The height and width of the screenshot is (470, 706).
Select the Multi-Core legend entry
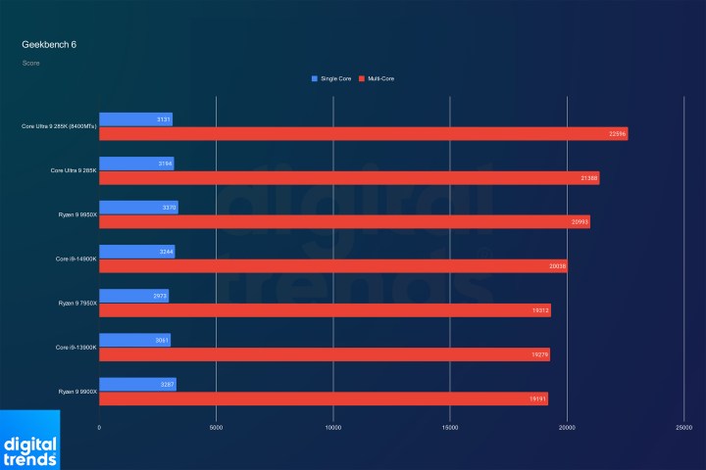tap(377, 78)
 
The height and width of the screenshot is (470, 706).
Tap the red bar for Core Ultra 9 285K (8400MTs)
tap(363, 134)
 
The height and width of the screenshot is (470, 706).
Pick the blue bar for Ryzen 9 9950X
tap(138, 208)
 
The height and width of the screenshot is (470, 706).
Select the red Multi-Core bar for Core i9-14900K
tap(332, 266)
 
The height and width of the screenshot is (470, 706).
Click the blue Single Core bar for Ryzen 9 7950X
tap(133, 296)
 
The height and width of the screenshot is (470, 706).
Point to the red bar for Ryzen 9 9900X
tap(323, 399)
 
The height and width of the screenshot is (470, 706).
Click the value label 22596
tap(617, 134)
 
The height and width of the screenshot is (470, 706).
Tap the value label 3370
tap(168, 208)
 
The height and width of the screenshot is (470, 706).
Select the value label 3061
tap(162, 340)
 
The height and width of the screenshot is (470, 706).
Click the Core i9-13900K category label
tap(75, 348)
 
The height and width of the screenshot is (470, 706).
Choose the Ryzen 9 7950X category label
tap(76, 304)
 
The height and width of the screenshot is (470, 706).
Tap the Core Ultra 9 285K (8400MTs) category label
tap(59, 126)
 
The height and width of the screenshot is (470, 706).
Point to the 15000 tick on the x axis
tap(450, 428)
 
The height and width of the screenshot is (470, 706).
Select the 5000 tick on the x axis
tap(216, 428)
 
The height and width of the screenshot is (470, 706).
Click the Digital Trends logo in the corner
tap(29, 441)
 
